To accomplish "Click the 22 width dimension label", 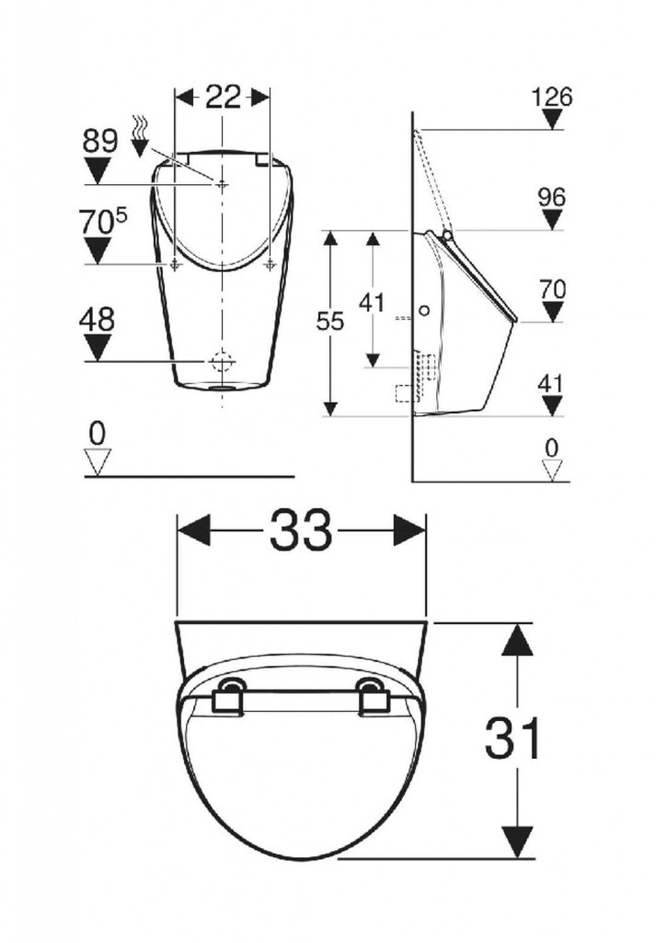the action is point(223,96).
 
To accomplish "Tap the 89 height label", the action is point(99,141).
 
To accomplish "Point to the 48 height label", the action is point(97,320).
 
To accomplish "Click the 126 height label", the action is point(552,96).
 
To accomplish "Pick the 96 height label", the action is point(552,197).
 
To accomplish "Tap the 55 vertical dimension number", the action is point(330,321).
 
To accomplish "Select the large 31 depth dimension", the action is point(512,738).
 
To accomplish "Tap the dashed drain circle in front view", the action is point(223,361).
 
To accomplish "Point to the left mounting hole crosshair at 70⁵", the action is point(175,264).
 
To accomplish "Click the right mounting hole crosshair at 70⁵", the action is point(270,264).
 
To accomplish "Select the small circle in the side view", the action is point(424,311).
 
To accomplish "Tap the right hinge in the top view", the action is point(373,697).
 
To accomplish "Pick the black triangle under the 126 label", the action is point(551,121).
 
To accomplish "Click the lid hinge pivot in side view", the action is point(447,235).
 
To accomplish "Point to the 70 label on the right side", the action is point(552,290).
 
